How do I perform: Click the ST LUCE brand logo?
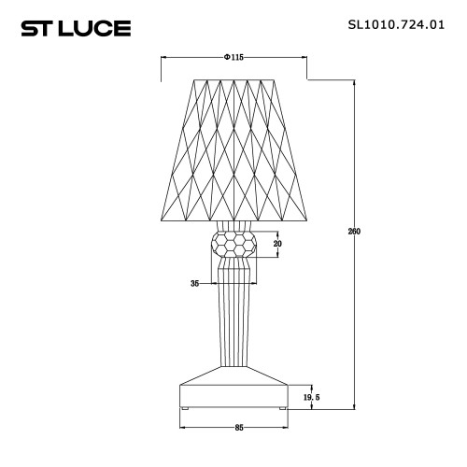76,29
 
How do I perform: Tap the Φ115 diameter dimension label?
234,58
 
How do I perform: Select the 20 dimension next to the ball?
276,244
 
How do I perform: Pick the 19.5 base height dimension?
311,397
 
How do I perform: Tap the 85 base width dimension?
239,428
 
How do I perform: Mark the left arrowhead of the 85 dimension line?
181,428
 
